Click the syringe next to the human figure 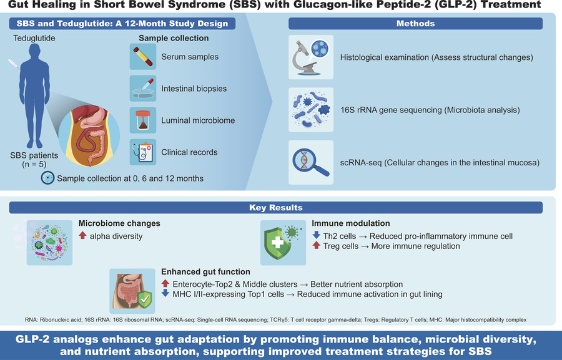pos(14,64)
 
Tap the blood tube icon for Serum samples pos(142,57)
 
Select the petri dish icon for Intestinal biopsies pos(142,89)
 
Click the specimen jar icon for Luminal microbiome pos(142,120)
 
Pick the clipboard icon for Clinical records pos(142,152)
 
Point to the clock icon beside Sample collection pos(47,178)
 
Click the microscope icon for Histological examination pos(311,57)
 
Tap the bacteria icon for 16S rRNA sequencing pos(311,110)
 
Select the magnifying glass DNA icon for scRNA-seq pos(311,162)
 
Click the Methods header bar pos(415,24)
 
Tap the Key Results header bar pos(275,208)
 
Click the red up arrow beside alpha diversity pos(83,235)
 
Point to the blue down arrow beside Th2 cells pos(316,235)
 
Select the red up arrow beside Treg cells pos(316,245)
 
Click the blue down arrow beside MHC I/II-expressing pos(165,293)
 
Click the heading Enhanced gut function pos(205,272)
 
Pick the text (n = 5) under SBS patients pos(34,165)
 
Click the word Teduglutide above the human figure pos(34,38)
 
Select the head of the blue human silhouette pos(35,52)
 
